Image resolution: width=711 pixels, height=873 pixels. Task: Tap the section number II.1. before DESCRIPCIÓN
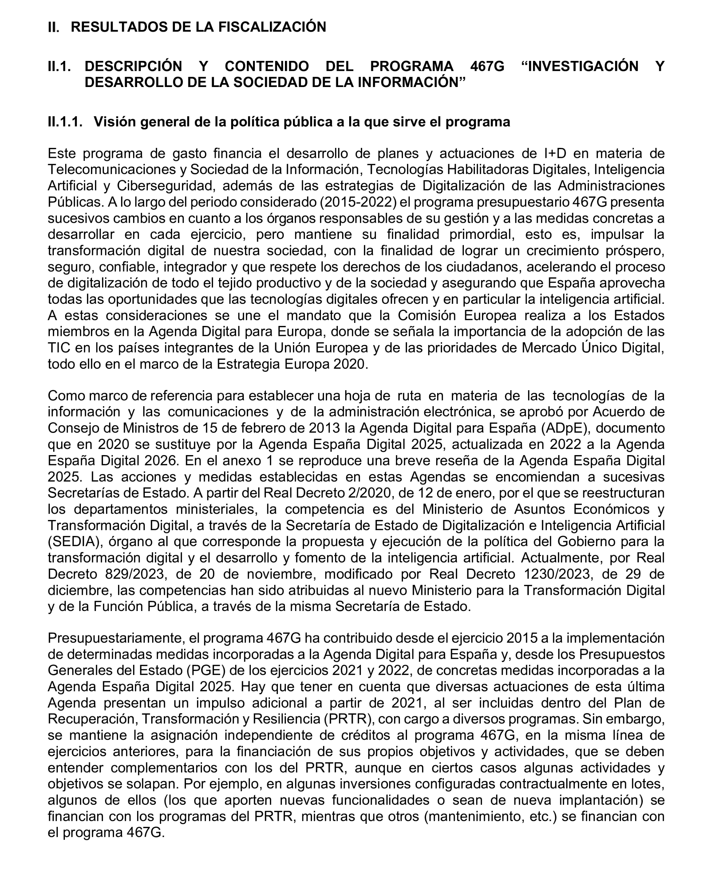[x=60, y=66]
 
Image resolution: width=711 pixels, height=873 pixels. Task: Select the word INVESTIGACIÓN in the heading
[x=583, y=66]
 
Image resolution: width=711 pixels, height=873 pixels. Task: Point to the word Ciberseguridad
[x=166, y=186]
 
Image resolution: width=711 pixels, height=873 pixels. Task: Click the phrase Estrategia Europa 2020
[x=291, y=364]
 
